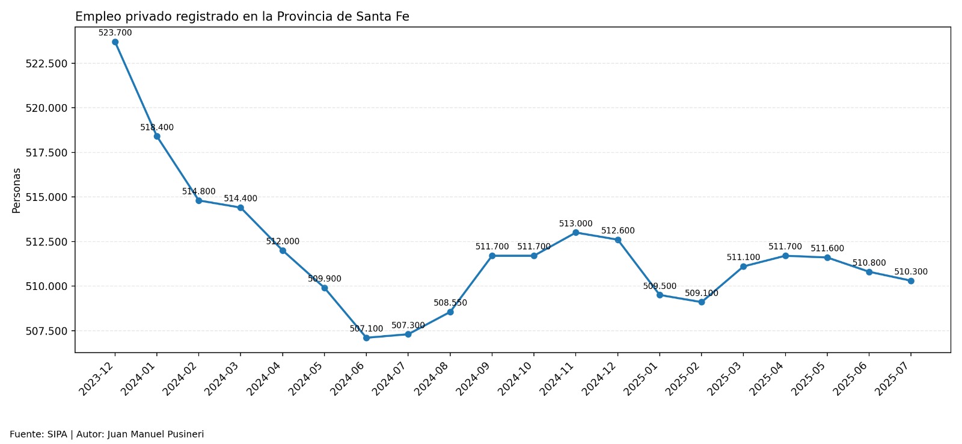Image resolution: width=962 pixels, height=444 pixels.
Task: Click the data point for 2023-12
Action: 115,42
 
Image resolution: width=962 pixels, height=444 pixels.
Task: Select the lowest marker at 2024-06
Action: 366,338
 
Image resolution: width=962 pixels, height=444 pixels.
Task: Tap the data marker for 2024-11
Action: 575,232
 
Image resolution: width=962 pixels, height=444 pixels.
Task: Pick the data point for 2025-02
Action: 701,302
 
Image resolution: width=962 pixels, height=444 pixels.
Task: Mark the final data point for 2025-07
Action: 910,281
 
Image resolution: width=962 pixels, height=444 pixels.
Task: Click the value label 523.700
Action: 115,33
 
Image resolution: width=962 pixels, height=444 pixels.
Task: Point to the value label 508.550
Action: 450,303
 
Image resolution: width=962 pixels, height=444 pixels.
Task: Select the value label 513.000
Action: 575,224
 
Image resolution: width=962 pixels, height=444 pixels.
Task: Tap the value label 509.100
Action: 701,294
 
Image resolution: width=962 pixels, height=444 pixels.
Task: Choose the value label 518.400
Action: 157,128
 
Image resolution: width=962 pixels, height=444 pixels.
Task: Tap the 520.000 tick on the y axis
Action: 46,108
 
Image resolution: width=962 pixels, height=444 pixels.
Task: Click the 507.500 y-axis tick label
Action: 46,331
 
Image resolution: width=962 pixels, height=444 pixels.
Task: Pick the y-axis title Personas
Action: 17,190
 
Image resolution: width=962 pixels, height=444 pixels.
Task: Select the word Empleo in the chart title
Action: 94,17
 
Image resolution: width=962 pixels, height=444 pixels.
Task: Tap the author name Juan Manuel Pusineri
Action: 156,434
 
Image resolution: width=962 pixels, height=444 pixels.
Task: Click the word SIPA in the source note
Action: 57,434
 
